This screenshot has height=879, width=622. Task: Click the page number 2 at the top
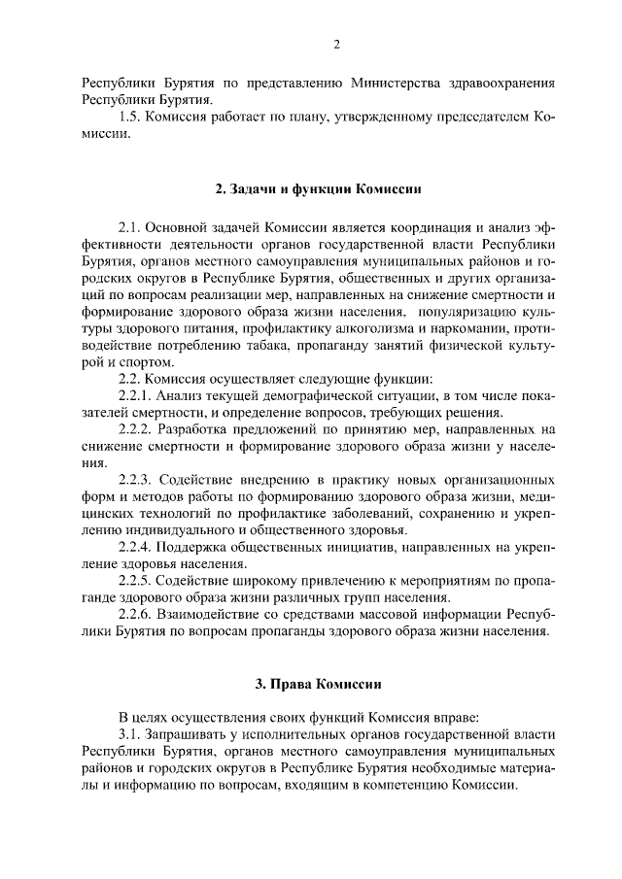point(336,44)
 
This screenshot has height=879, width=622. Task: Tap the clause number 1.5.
point(129,118)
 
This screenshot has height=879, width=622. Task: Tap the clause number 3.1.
point(129,734)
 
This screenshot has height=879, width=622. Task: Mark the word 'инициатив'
point(328,548)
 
